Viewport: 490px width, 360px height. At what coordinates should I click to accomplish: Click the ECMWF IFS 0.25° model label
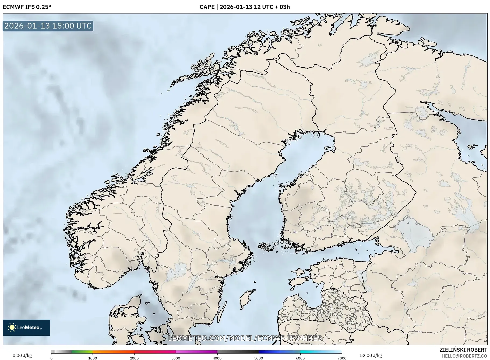27,7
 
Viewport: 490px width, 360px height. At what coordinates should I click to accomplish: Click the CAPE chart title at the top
245,7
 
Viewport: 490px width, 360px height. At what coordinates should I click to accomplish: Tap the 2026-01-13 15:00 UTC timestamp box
48,26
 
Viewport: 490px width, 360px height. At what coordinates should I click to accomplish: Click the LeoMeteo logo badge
26,327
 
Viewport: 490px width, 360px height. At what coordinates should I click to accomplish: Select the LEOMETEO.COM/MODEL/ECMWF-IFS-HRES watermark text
245,338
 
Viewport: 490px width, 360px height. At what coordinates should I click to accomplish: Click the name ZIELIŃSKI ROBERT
463,350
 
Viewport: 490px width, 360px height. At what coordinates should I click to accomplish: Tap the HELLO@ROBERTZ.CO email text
464,356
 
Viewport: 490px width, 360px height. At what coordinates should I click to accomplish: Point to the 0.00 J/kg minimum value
22,355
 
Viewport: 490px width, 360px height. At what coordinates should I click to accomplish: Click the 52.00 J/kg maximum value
371,355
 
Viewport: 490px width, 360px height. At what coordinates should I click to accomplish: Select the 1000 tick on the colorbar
93,358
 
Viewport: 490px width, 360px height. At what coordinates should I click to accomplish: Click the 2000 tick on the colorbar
134,358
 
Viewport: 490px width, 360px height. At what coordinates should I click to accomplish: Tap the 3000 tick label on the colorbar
176,358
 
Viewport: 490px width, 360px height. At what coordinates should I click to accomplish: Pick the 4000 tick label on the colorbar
217,358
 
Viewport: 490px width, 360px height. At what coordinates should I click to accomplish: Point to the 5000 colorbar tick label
259,358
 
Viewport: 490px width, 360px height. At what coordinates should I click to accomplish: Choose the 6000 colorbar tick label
300,358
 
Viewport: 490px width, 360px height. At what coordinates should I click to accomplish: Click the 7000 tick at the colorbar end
342,358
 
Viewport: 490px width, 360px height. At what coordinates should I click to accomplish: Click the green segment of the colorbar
82,352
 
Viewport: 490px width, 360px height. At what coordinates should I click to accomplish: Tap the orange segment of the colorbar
113,352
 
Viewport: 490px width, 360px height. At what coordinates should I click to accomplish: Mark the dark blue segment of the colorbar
269,352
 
